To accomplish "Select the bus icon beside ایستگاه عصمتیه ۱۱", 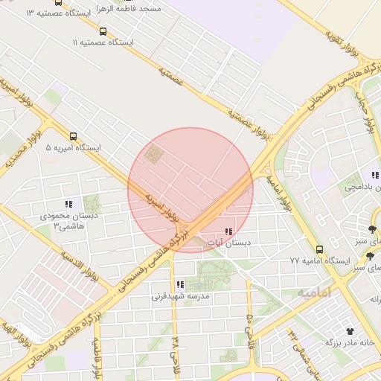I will (x=103, y=31).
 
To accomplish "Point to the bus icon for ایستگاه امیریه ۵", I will (x=73, y=136).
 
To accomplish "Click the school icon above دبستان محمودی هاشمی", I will (x=68, y=203).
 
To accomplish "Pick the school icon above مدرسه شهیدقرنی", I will (x=180, y=284).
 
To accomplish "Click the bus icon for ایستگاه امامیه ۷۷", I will (x=319, y=249).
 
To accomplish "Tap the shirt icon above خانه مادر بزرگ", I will (x=350, y=330).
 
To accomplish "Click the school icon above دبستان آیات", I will (x=228, y=232).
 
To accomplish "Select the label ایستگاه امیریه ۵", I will (x=73, y=148).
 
